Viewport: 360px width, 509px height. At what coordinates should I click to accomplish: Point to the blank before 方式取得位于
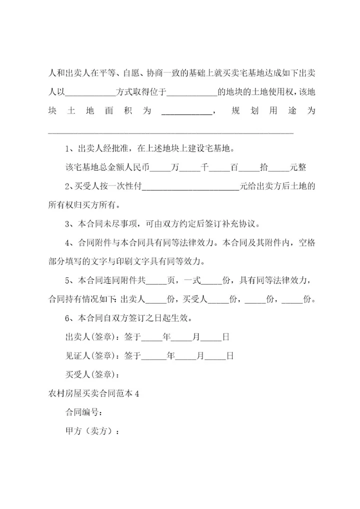pos(90,93)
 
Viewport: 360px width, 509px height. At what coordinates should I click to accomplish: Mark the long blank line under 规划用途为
pos(170,132)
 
